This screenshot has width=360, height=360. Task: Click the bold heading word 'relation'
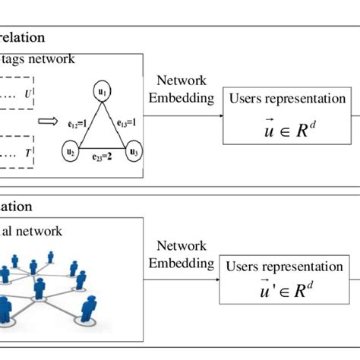tap(22, 36)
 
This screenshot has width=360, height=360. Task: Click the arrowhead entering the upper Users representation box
tap(219, 115)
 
